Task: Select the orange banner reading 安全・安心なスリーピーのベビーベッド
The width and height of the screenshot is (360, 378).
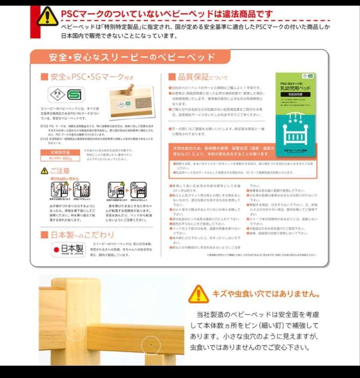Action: point(132,57)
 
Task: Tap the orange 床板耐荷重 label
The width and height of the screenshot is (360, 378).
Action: point(61,153)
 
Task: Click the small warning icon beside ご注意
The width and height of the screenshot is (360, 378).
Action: point(44,171)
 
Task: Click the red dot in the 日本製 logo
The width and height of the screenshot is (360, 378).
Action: point(56,249)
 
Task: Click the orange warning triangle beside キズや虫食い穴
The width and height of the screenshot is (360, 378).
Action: point(198,294)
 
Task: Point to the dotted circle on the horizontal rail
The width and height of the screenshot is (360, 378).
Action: point(151,345)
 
